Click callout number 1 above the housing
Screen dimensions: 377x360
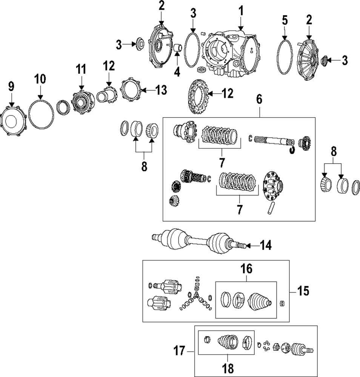coord(240,12)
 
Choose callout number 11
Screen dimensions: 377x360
coord(81,69)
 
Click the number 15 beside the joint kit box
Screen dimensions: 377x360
coord(303,291)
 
